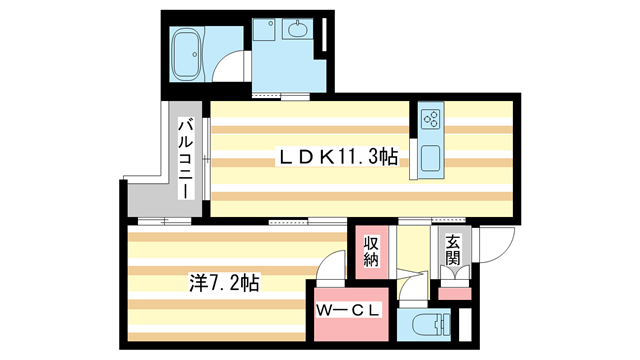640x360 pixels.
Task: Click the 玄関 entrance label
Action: point(453,250)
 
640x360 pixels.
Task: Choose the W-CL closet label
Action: point(348,310)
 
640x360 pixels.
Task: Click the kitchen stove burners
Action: point(431,121)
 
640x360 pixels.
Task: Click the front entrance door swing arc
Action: point(496,243)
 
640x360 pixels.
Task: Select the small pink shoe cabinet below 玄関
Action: point(454,293)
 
